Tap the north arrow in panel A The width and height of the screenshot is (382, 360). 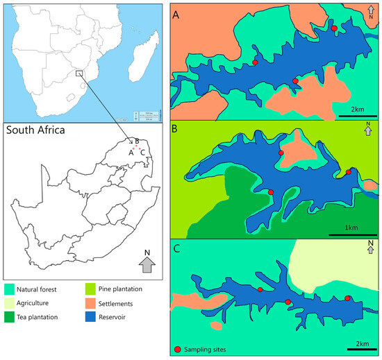click(x=371, y=10)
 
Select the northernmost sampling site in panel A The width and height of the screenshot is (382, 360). click(x=335, y=28)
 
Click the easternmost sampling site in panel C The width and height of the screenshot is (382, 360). click(x=348, y=298)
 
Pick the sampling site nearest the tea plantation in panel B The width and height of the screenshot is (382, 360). click(x=271, y=192)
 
